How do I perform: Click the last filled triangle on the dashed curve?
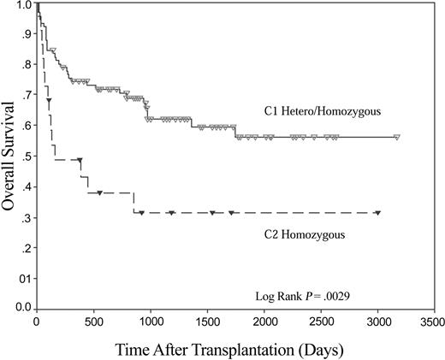(377, 213)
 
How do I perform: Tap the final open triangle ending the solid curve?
(397, 137)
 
